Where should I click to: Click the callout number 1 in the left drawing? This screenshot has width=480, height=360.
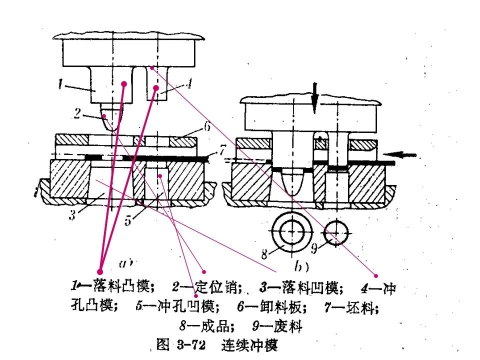coord(60,85)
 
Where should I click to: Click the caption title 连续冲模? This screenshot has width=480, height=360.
coord(249,344)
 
